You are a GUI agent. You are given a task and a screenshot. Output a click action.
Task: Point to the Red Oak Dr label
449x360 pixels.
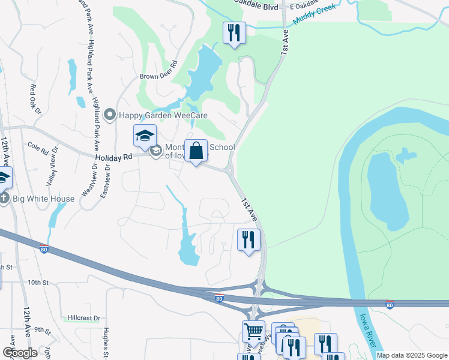tap(34, 100)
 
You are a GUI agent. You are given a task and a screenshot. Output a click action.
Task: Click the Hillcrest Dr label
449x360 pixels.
tap(83, 317)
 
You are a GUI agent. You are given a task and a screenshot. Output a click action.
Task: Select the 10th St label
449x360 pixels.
tap(37, 282)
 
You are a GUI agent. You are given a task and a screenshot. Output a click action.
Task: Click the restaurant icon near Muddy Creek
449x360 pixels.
tap(234, 32)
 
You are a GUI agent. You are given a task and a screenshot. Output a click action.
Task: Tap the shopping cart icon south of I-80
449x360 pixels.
tap(253, 331)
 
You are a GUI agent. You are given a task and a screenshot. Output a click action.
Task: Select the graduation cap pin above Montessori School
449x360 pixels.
tap(145, 136)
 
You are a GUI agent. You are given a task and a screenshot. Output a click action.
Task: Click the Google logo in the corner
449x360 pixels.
tap(20, 353)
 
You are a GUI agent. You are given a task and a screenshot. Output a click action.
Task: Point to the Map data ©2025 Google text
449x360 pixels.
tap(412, 355)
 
